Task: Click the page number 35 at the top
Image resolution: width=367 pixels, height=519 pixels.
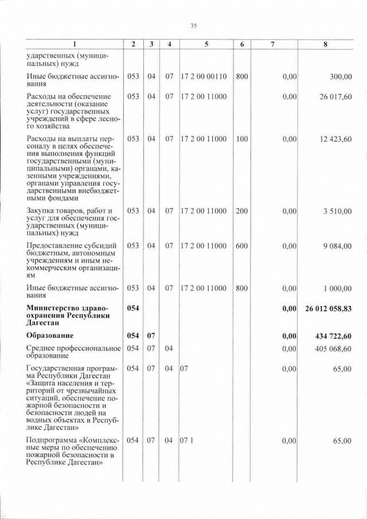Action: (194, 25)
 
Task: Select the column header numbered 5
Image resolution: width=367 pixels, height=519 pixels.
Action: (205, 46)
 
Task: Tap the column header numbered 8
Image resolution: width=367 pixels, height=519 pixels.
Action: (325, 46)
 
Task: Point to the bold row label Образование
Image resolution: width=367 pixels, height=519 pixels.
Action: (52, 335)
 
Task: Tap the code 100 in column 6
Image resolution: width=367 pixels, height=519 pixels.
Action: (242, 139)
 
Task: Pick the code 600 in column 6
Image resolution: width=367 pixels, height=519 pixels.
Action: (242, 246)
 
